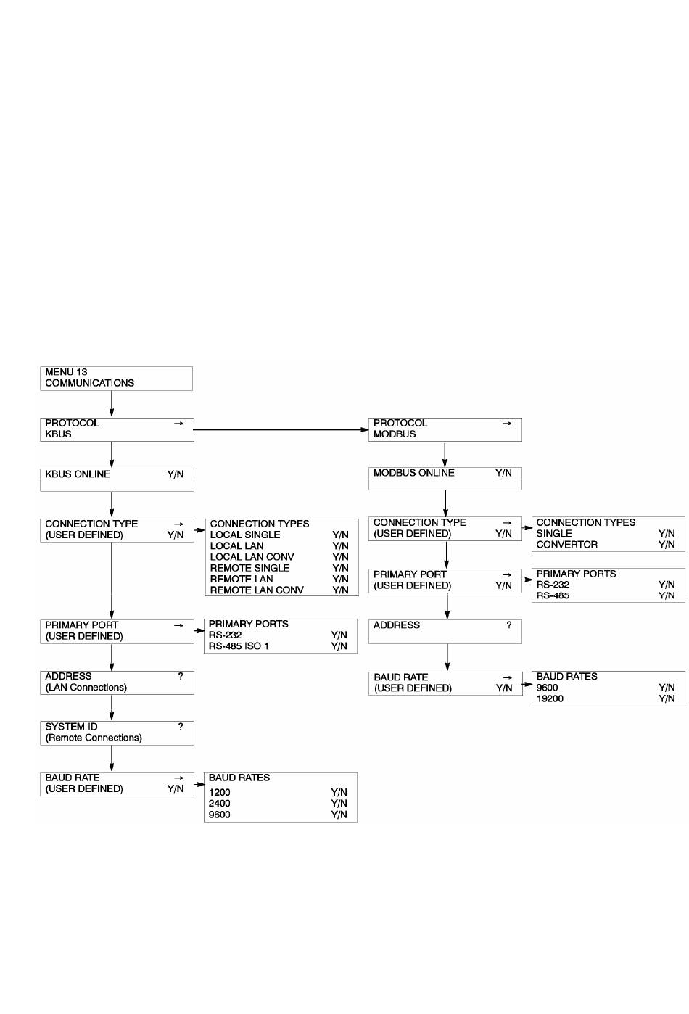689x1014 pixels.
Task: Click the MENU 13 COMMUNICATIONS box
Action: pos(116,379)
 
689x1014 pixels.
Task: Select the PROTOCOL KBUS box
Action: pos(117,429)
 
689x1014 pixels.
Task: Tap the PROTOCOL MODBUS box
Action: pos(445,429)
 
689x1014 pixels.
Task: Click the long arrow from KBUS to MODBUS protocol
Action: pos(281,429)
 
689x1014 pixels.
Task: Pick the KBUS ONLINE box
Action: pos(117,480)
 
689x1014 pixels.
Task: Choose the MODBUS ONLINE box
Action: pos(445,479)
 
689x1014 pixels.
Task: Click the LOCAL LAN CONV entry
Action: pos(252,557)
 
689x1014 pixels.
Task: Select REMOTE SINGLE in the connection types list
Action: pos(249,568)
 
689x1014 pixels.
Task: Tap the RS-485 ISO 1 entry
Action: pos(239,646)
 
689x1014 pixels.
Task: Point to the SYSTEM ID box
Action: pos(117,733)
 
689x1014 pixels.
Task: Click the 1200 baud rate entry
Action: pos(219,792)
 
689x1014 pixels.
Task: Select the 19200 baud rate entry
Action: pos(550,698)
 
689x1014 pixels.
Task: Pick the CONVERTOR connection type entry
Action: pos(566,545)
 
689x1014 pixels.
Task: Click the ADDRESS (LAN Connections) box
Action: pos(117,683)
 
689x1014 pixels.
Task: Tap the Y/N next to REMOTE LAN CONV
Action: pos(340,590)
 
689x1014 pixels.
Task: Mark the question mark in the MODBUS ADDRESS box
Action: pos(509,625)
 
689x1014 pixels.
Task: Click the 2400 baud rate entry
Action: pos(219,804)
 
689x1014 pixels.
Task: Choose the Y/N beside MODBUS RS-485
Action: pos(667,595)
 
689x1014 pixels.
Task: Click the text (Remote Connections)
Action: pos(94,738)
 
